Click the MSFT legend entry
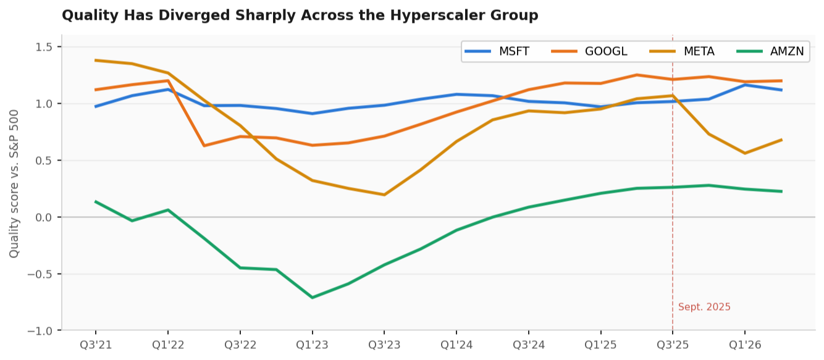[x=497, y=51]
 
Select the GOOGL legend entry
[x=589, y=51]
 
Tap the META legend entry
[x=682, y=51]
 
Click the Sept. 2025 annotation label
[x=704, y=307]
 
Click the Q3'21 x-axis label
[x=96, y=345]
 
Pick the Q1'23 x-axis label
[x=313, y=345]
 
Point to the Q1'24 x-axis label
[x=456, y=345]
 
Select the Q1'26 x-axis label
[x=745, y=345]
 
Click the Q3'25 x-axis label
[x=673, y=345]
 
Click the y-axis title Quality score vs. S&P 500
[x=14, y=184]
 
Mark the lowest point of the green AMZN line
[x=313, y=298]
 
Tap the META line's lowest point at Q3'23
[x=384, y=195]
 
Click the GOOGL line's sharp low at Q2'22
[x=204, y=146]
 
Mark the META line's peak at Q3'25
[x=673, y=96]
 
